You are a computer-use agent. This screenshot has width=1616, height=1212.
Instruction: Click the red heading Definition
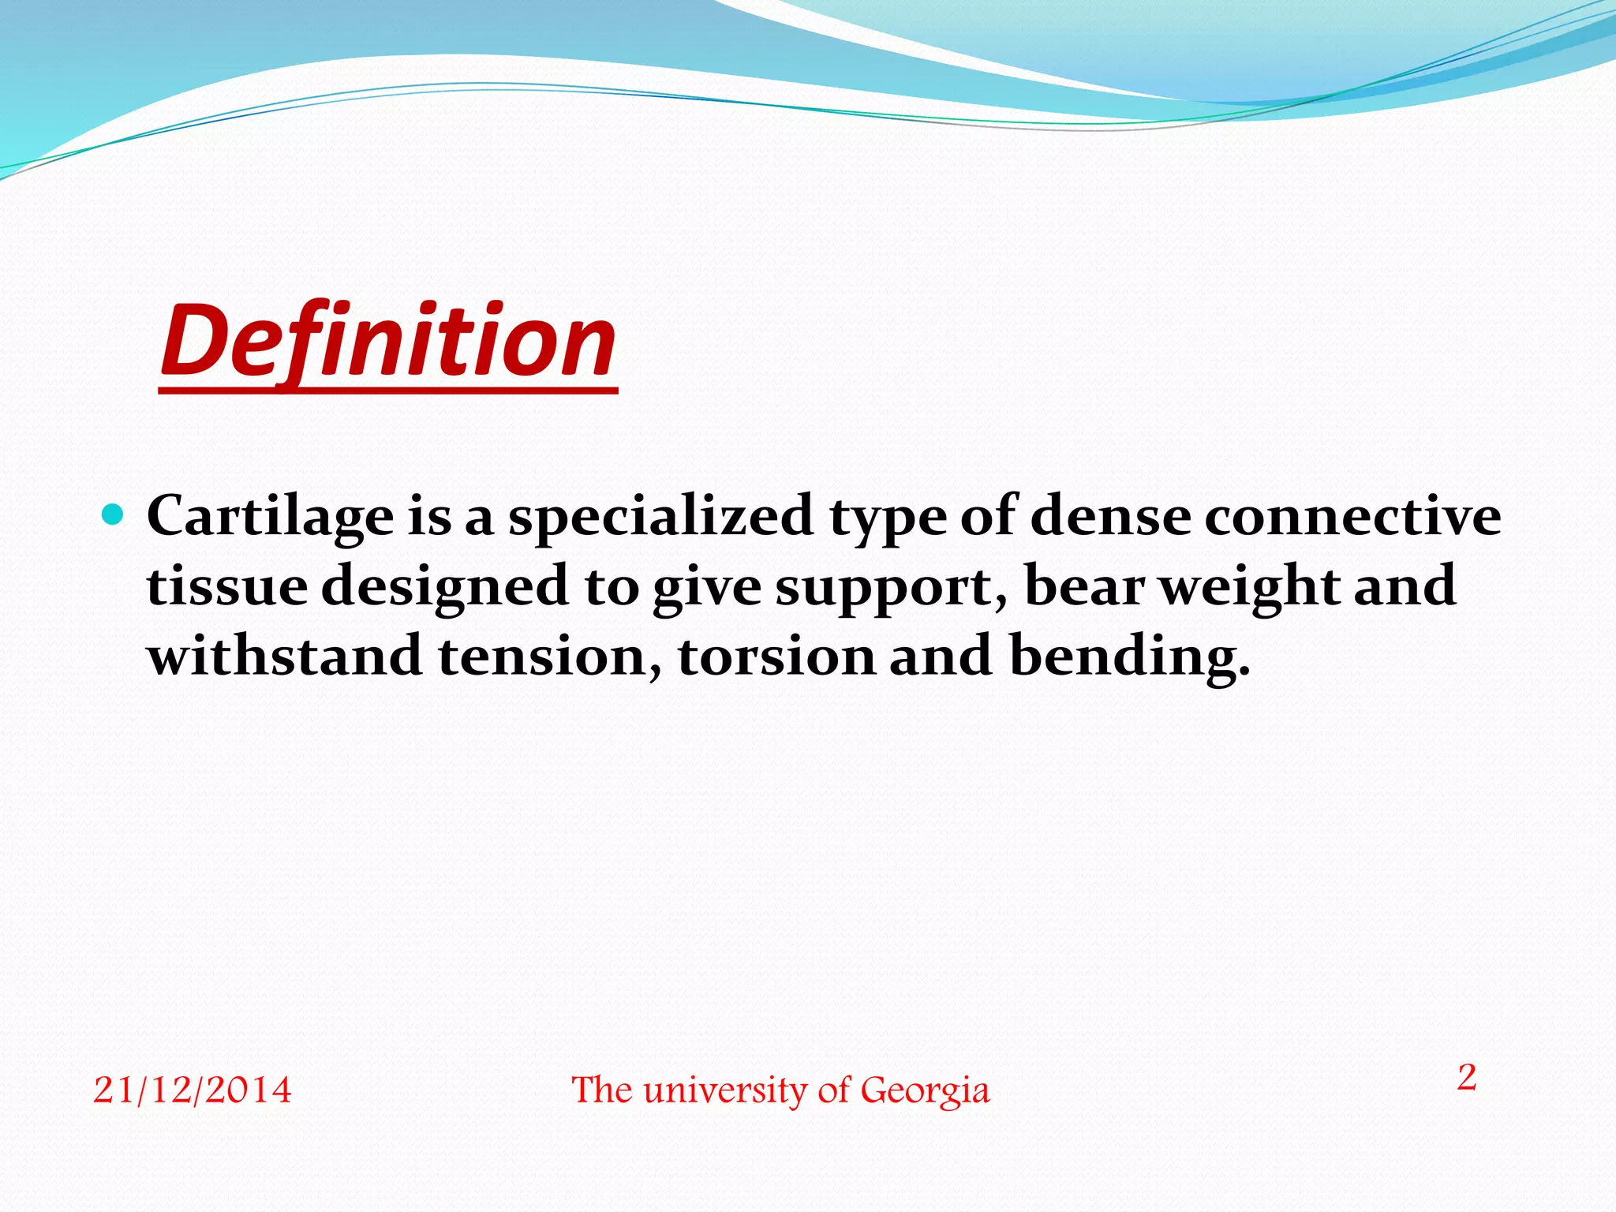[x=388, y=342]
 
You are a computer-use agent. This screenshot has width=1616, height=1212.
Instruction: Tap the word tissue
[x=227, y=586]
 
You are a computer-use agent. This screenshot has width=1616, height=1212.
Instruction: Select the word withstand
[x=284, y=656]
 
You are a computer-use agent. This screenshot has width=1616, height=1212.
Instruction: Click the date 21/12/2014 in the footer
[x=192, y=1090]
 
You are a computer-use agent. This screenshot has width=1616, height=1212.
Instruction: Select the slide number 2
[x=1466, y=1078]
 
